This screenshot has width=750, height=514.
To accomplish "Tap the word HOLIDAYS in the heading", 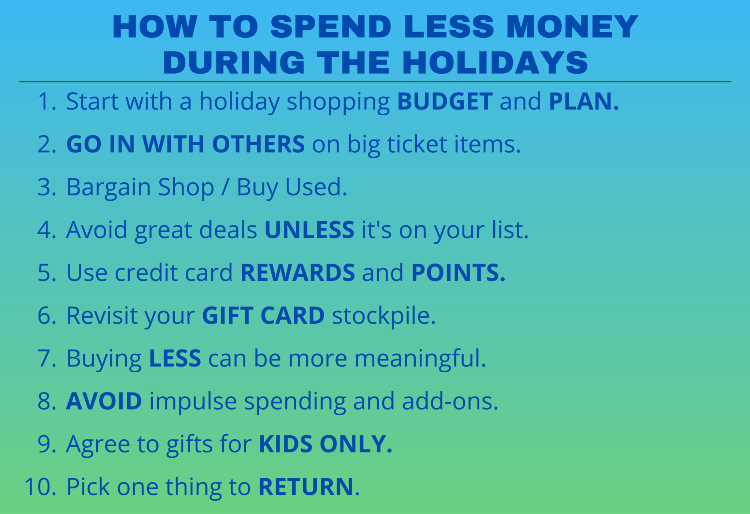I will point(495,63).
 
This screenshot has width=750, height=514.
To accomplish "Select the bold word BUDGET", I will point(445,101).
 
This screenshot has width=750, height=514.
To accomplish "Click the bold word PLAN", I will point(583,101).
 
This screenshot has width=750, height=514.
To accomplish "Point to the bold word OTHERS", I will point(258,144).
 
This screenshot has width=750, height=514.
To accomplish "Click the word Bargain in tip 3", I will point(108,187).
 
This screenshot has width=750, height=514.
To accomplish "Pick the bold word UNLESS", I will point(309,230).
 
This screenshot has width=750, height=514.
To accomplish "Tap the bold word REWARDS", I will point(297,273).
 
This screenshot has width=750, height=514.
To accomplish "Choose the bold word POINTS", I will point(458,273).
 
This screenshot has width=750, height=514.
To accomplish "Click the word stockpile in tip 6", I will point(383,316).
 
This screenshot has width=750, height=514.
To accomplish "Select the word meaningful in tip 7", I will point(420,358).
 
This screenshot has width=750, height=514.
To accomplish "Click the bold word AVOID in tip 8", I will point(104,401).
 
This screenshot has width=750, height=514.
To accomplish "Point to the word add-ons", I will point(450,401).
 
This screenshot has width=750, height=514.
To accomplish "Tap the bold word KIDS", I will point(286,444).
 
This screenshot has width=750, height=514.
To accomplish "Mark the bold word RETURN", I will point(306,487).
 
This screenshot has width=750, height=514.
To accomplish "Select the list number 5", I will point(47,273).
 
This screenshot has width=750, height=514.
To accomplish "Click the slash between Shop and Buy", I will point(225,187).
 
